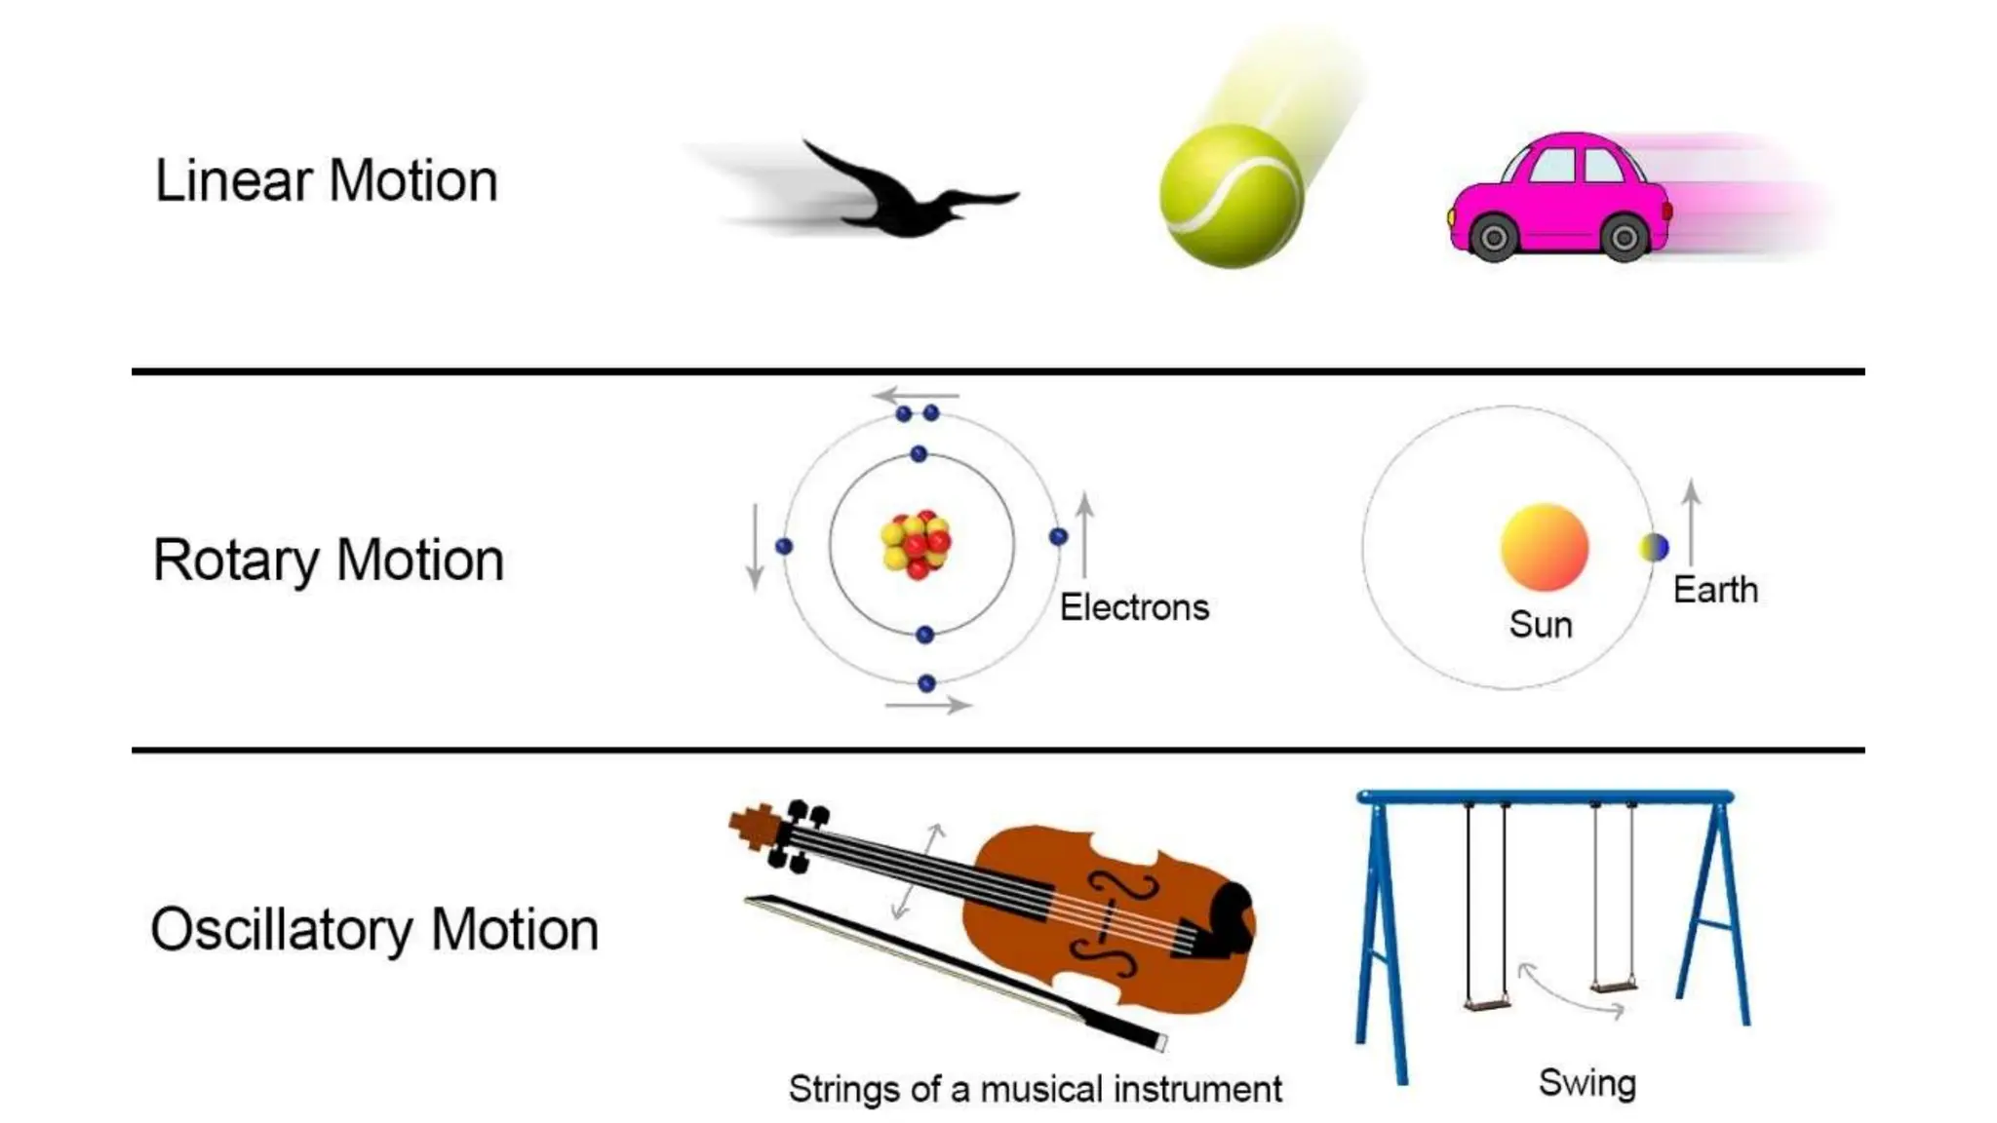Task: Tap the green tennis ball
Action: point(1231,195)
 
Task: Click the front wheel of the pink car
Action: point(1493,237)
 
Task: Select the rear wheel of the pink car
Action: point(1624,237)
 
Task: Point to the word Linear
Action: point(233,181)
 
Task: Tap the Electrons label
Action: point(1134,607)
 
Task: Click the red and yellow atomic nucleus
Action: point(916,544)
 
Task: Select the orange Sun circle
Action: point(1544,547)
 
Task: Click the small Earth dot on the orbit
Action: point(1654,547)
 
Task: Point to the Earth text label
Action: point(1715,590)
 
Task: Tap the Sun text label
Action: point(1541,625)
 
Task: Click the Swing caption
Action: point(1586,1083)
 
